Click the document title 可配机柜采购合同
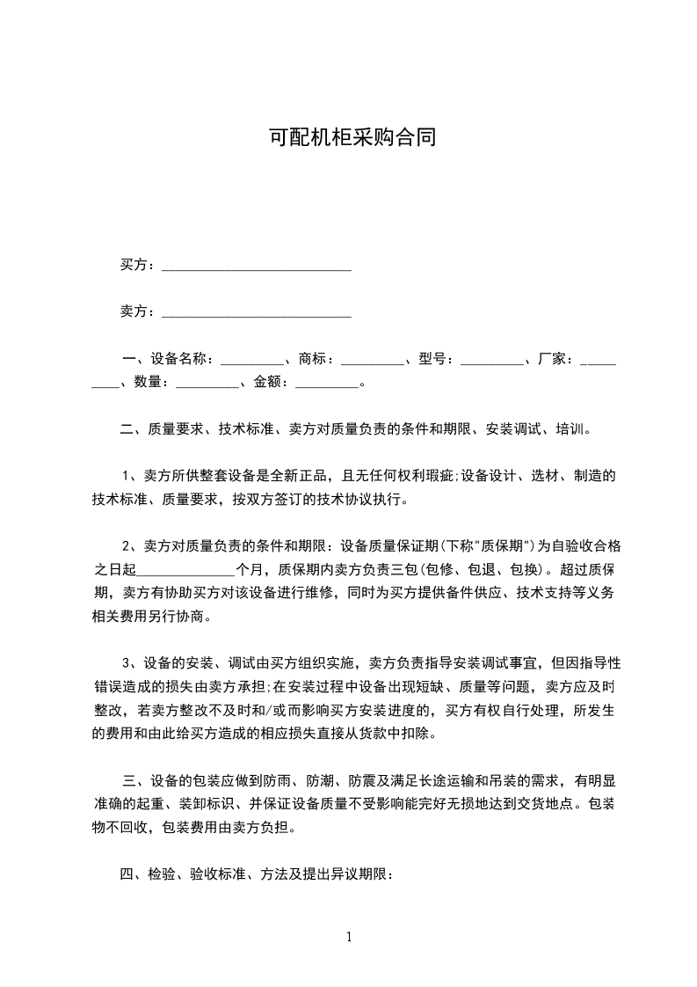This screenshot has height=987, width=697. coord(352,137)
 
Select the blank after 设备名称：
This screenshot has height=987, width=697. coord(252,360)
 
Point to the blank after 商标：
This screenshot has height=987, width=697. coord(372,360)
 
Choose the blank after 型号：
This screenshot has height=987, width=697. coord(491,360)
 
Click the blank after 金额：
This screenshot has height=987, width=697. coord(327,383)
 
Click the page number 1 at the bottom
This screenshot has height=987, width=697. coord(349,937)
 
